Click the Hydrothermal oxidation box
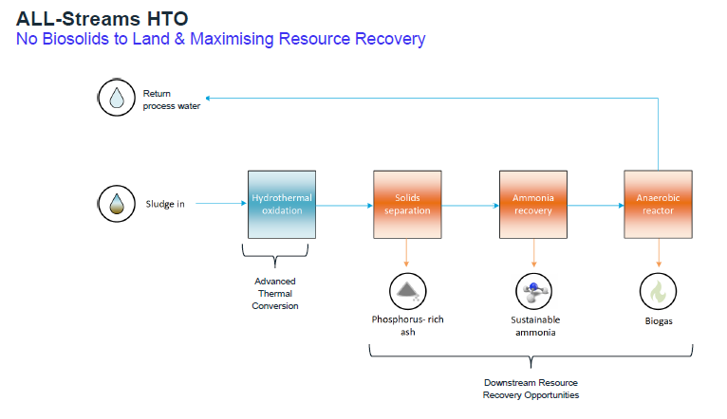281,204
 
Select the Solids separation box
407,204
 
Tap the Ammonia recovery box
532,204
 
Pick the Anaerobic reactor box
658,204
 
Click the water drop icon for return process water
117,98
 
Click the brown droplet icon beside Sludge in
117,204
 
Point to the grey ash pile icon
407,290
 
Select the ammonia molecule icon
532,290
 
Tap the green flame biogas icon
658,290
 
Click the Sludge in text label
165,204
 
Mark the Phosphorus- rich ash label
407,325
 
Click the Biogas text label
658,320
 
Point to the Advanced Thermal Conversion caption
275,293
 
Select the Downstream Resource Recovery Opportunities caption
531,389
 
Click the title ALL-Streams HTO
92,16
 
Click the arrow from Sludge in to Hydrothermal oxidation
219,204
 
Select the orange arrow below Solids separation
407,251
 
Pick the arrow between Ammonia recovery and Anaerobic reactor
595,204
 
